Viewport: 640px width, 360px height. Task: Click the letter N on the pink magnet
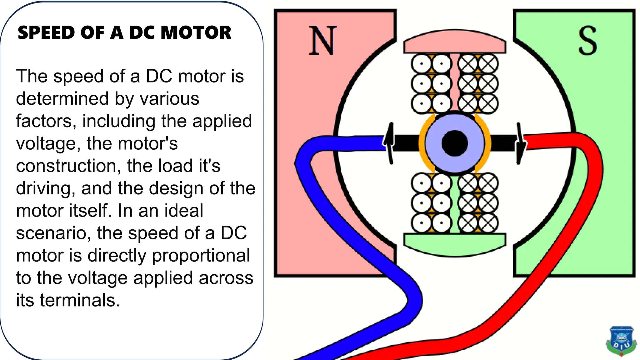pos(322,41)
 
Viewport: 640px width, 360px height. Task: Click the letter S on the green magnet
pos(587,41)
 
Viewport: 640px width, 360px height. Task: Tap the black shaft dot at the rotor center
pos(455,143)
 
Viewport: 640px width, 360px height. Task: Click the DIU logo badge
pos(621,341)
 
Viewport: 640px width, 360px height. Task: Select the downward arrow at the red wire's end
pos(519,144)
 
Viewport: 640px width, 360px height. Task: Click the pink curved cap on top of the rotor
pos(455,42)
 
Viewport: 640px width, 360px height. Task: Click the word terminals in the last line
pos(80,300)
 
